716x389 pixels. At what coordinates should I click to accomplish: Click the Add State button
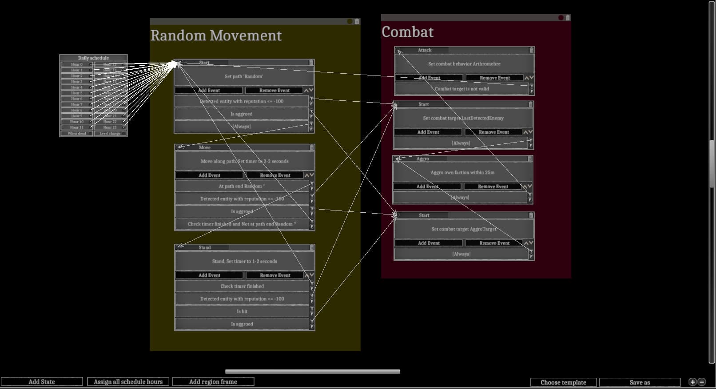[42, 381]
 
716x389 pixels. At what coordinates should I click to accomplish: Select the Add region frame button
[213, 381]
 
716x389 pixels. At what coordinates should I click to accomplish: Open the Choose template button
[563, 382]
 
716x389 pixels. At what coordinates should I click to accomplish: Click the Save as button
[640, 382]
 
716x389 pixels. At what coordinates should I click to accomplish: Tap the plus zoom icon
[692, 382]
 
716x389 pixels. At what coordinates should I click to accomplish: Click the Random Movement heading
[216, 36]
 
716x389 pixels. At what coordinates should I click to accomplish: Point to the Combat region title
[407, 32]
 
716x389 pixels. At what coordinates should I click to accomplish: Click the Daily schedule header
[93, 58]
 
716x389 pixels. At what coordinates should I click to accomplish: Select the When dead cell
[76, 133]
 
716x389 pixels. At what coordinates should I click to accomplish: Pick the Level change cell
[110, 133]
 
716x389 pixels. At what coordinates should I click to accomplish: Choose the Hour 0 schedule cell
[76, 64]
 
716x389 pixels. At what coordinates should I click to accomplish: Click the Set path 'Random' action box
[244, 76]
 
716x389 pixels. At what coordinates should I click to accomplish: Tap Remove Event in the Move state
[275, 175]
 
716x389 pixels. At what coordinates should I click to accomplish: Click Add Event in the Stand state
[209, 275]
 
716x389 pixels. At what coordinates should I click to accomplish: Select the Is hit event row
[242, 311]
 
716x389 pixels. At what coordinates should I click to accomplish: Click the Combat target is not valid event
[461, 89]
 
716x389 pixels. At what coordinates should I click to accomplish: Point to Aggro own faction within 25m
[462, 172]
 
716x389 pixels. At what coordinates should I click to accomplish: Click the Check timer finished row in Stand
[242, 286]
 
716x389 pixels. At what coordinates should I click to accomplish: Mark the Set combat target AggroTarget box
[464, 229]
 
